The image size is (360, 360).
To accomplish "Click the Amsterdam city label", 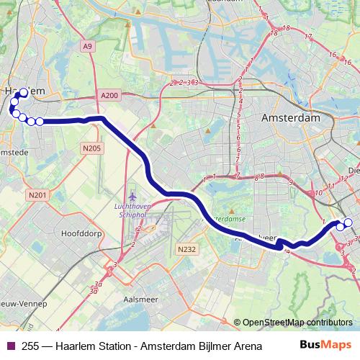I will pos(291,117).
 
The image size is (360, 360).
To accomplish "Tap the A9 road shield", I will pos(87,46).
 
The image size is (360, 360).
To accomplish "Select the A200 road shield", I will pos(109,96).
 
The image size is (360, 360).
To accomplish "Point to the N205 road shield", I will pos(91,148).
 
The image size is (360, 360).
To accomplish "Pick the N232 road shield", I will pos(186,248).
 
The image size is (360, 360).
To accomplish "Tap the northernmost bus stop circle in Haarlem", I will pos(24,94).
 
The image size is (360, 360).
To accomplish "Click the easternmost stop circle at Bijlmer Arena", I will pos(349,223).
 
